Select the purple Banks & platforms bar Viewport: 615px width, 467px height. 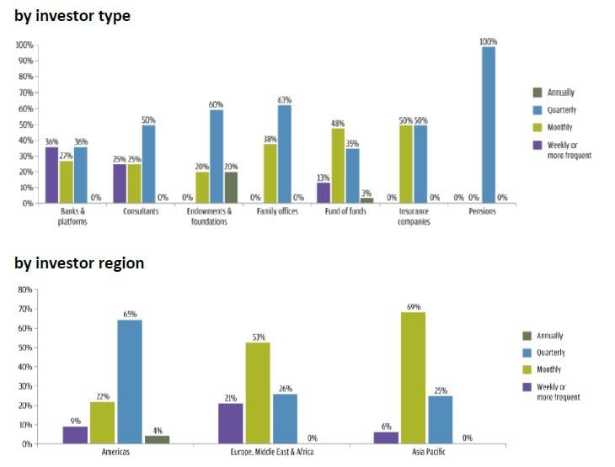click(x=51, y=175)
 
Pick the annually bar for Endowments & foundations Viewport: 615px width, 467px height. click(x=231, y=187)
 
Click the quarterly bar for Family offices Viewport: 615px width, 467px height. click(x=285, y=153)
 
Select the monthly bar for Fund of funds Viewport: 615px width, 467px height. click(x=338, y=165)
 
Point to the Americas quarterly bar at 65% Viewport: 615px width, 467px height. click(x=129, y=381)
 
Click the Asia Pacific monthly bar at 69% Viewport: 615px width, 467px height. click(x=412, y=378)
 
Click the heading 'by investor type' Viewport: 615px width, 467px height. click(x=72, y=16)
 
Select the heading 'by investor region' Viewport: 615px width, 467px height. click(x=79, y=263)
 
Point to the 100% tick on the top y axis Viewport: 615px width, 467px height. click(x=24, y=45)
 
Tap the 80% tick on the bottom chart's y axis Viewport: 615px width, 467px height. click(x=24, y=289)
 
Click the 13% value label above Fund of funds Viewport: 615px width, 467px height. click(x=324, y=177)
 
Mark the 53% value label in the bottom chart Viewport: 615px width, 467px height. click(x=258, y=337)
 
